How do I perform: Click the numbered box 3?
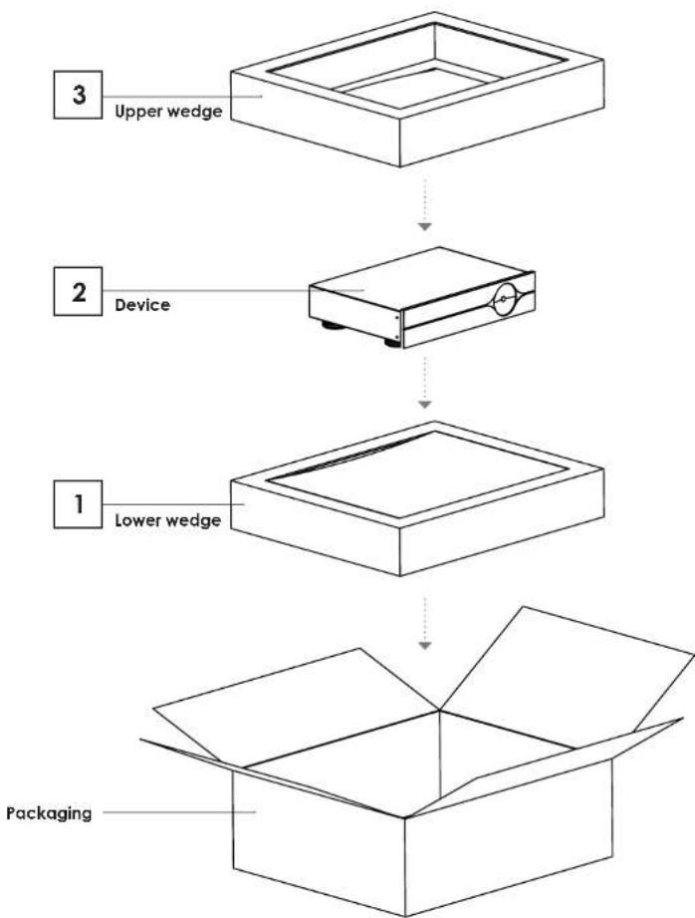click(x=78, y=95)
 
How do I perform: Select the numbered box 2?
click(x=78, y=292)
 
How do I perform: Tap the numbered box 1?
click(x=78, y=504)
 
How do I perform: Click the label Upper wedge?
click(x=168, y=112)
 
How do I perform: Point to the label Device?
click(x=142, y=305)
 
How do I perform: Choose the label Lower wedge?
click(x=168, y=520)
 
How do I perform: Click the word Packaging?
click(x=49, y=813)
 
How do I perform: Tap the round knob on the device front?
click(x=504, y=299)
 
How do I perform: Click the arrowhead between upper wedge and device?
click(x=425, y=226)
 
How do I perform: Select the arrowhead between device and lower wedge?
click(x=425, y=404)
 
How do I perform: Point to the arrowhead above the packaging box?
click(x=425, y=645)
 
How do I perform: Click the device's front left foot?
click(x=392, y=343)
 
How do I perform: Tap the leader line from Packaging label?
click(x=179, y=812)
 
